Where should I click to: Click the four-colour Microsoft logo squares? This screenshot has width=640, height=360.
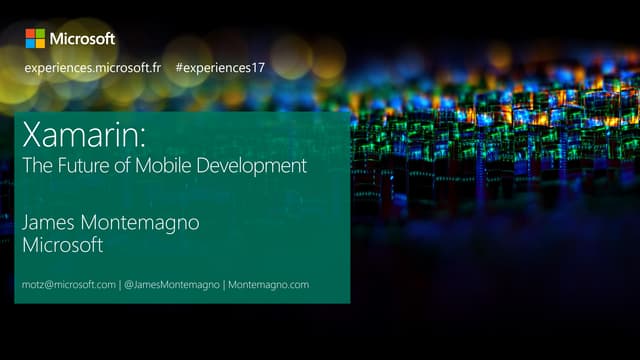(x=35, y=38)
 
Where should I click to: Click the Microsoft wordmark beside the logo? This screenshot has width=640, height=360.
(x=83, y=38)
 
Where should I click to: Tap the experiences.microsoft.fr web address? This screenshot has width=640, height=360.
(x=93, y=68)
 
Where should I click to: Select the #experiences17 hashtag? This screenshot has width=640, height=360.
(x=220, y=68)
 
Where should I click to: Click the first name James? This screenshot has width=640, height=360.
(x=50, y=222)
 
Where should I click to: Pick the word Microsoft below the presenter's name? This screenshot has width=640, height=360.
(x=64, y=246)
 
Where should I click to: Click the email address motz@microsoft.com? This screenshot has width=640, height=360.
(x=69, y=285)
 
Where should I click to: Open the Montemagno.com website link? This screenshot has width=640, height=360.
(x=268, y=285)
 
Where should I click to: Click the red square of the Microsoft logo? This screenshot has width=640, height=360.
(x=30, y=33)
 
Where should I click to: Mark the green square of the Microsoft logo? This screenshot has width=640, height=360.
(x=40, y=33)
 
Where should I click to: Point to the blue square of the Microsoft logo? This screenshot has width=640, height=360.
(x=30, y=43)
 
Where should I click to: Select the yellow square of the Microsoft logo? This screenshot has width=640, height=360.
(x=40, y=43)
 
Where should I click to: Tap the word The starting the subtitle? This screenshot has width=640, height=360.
(x=36, y=166)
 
